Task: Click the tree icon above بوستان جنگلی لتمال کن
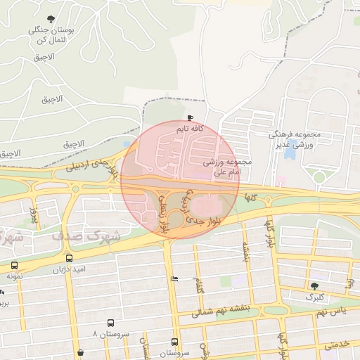51,19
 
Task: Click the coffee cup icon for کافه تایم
191,117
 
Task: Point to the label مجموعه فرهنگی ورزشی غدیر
295,139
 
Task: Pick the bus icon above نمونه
15,266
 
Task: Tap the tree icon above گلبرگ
314,285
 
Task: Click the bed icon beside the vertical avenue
174,279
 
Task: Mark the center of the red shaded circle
180,179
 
